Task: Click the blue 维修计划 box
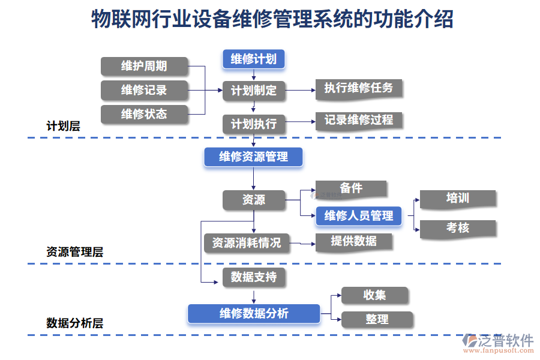point(253,59)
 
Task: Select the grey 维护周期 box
point(144,66)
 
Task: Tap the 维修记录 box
point(144,90)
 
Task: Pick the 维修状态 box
point(144,114)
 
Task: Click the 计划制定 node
point(254,91)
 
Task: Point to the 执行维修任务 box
point(359,88)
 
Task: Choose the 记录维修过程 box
point(359,120)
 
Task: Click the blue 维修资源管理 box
point(253,157)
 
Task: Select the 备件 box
point(351,188)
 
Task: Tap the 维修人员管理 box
point(358,215)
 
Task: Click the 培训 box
point(458,199)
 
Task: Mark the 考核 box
point(458,228)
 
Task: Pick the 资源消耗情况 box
point(246,242)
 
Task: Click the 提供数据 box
point(354,241)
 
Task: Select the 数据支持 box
point(254,277)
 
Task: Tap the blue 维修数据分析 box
point(253,313)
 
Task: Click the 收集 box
point(374,295)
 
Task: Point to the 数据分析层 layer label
point(74,323)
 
